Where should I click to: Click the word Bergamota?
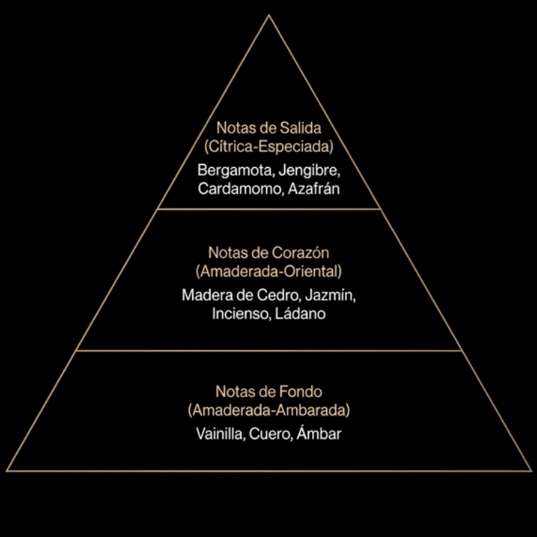point(235,171)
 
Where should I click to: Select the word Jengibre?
point(309,171)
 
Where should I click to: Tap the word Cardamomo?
point(240,189)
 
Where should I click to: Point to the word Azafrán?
point(313,189)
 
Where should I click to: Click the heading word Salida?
point(301,128)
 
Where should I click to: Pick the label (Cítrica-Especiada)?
point(268,146)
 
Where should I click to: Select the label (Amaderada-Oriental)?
point(268,271)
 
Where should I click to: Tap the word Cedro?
point(277,295)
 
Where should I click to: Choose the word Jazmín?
point(330,295)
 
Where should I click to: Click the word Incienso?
point(239,313)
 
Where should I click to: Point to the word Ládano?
point(301,313)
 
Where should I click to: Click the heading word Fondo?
point(301,392)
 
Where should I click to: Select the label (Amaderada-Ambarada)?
point(268,410)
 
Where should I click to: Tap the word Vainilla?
point(219,434)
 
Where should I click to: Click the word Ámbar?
point(318,433)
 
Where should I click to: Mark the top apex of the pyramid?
point(268,15)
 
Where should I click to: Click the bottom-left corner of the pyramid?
point(7,471)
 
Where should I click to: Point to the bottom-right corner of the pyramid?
point(531,471)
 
